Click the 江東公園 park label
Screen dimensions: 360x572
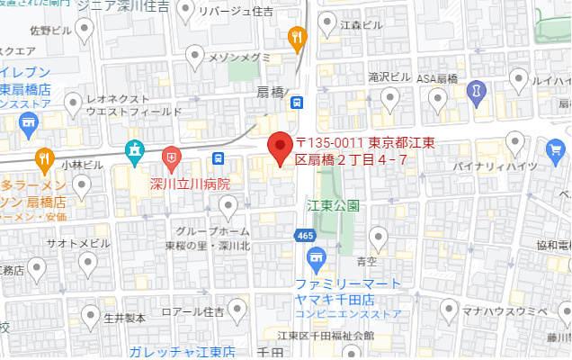click(333, 205)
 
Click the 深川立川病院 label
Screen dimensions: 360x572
click(191, 184)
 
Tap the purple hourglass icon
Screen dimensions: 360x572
click(477, 91)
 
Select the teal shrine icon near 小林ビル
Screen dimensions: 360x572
click(135, 152)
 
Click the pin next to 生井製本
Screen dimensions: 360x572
click(90, 315)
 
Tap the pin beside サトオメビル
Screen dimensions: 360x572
click(88, 263)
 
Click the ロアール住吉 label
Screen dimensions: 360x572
click(192, 313)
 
